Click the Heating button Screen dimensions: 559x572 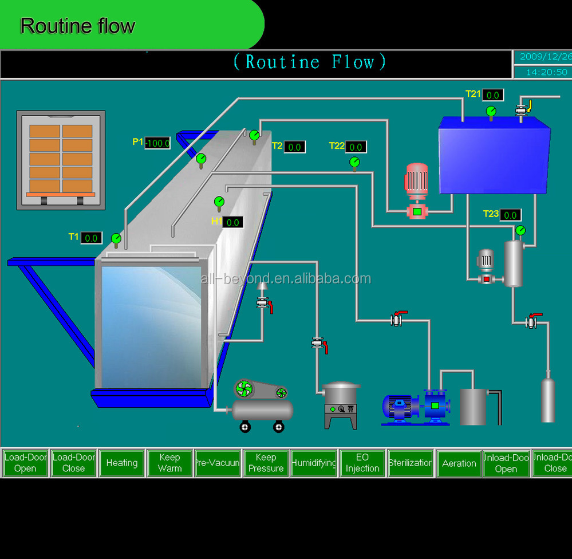(x=121, y=463)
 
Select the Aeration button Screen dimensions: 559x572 (x=459, y=463)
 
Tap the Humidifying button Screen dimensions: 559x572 (x=314, y=463)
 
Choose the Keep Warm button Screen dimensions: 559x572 (x=169, y=463)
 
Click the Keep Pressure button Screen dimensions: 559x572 (x=266, y=463)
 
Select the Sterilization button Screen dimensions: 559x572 (x=410, y=463)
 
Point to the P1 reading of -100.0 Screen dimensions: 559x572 (x=157, y=143)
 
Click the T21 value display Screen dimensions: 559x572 (x=492, y=95)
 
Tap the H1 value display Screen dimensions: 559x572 (x=232, y=222)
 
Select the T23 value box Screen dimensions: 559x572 (x=510, y=215)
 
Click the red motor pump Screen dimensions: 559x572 (x=416, y=190)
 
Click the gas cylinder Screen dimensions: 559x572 (x=548, y=400)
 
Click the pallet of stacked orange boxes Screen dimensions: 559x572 (x=61, y=159)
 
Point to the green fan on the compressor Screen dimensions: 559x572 (x=243, y=389)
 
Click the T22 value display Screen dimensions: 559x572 (x=356, y=147)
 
